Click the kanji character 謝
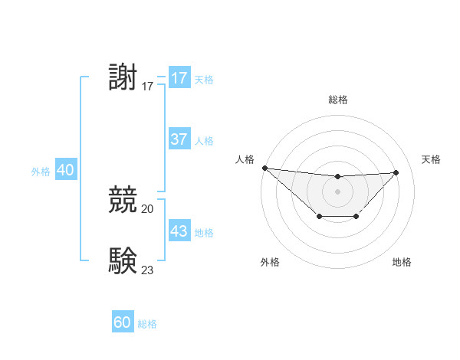point(123,78)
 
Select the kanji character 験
point(123,260)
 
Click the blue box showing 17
point(179,78)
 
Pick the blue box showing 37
point(179,139)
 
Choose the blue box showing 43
point(179,231)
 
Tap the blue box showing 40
point(65,170)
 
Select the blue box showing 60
point(123,322)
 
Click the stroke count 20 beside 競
point(147,208)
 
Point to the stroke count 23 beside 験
point(147,269)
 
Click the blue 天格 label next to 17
point(204,80)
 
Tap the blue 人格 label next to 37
point(204,141)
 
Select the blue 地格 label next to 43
point(204,233)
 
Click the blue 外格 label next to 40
point(41,172)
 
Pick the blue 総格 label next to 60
point(147,324)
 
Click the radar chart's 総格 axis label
point(337,100)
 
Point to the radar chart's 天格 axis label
point(431,159)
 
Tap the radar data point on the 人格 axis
point(264,168)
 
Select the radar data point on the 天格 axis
point(396,172)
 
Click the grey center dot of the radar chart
point(337,191)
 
